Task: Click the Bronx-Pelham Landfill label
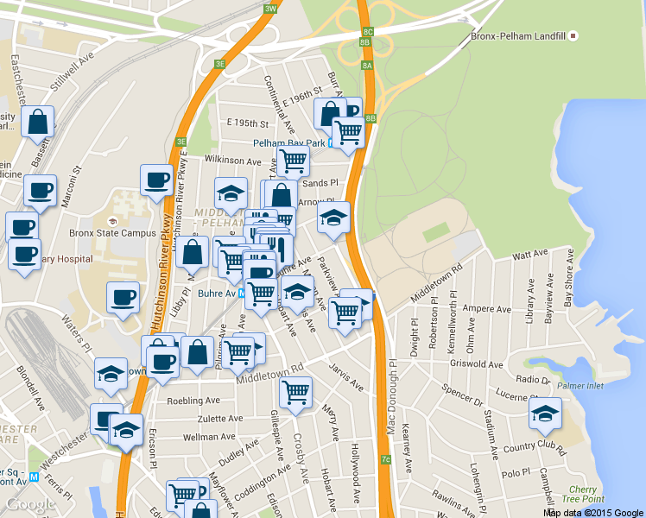click(517, 37)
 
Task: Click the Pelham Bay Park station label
click(288, 142)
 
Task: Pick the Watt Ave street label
click(530, 256)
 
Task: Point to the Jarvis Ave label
click(345, 377)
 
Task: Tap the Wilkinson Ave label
click(232, 161)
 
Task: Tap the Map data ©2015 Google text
click(593, 512)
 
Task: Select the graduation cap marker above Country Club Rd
click(545, 414)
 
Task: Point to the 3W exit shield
click(270, 9)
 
